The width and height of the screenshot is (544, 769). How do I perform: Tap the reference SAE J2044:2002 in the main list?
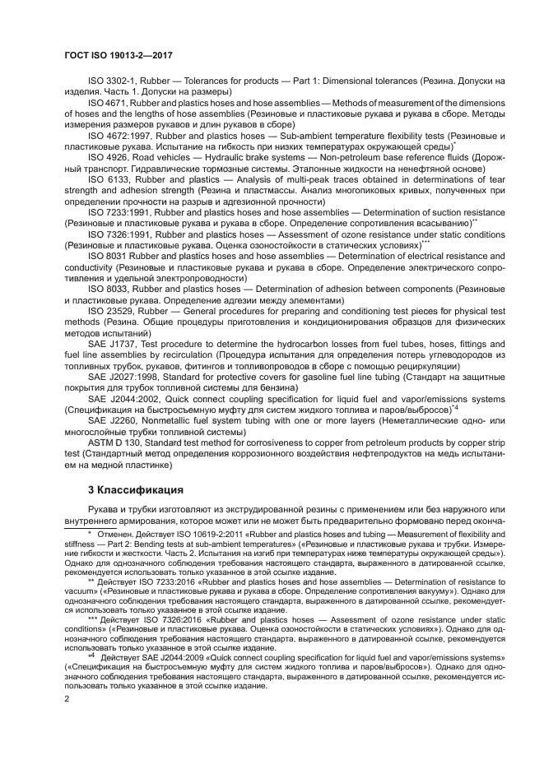(x=125, y=399)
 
